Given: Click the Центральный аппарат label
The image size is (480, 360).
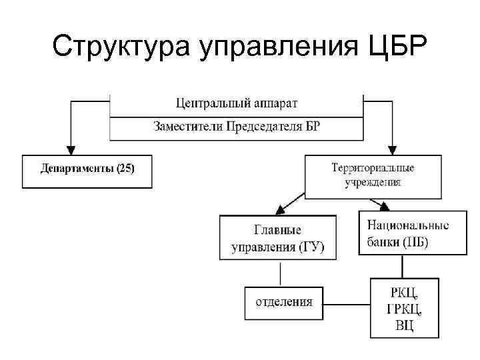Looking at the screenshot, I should tap(237, 103).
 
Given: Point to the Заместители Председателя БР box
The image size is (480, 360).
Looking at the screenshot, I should tap(237, 127).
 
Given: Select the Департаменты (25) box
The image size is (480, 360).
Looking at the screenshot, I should tap(87, 171).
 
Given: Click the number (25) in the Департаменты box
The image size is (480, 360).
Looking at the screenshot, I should tap(125, 169).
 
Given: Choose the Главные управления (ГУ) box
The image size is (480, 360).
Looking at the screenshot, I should tap(277, 239).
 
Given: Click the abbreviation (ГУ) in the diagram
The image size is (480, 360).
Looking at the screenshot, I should tap(310, 247).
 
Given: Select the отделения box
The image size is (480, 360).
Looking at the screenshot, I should tap(284, 303).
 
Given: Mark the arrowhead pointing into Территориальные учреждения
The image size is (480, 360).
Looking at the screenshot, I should tap(392, 149).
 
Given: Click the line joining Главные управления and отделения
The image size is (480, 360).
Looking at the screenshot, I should tap(281, 273).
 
